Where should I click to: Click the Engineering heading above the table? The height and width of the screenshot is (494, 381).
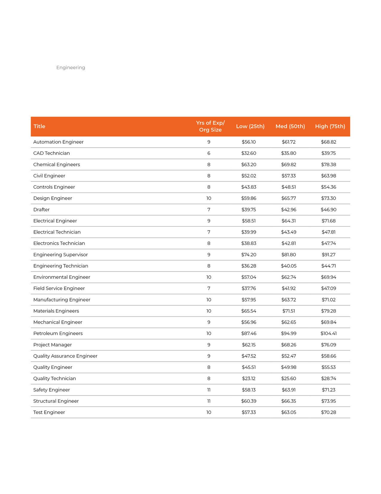pyautogui.click(x=71, y=68)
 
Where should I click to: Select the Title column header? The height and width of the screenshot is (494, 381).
pyautogui.click(x=39, y=126)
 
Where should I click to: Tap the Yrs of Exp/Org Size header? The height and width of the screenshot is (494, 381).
pyautogui.click(x=210, y=126)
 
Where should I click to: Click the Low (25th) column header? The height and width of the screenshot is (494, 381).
pyautogui.click(x=250, y=126)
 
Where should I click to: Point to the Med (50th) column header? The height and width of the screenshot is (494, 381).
pyautogui.click(x=290, y=126)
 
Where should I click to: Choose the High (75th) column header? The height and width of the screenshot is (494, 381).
pyautogui.click(x=330, y=126)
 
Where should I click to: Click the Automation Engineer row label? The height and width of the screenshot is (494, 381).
pyautogui.click(x=58, y=142)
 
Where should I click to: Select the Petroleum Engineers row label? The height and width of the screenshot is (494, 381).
pyautogui.click(x=58, y=334)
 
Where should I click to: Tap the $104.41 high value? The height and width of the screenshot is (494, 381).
pyautogui.click(x=328, y=334)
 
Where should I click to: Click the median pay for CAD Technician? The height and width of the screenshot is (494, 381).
pyautogui.click(x=288, y=153)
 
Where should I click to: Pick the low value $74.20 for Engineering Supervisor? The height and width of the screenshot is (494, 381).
pyautogui.click(x=249, y=255)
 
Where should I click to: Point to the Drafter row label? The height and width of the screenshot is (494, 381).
pyautogui.click(x=41, y=210)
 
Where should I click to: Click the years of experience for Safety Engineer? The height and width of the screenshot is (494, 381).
pyautogui.click(x=209, y=390)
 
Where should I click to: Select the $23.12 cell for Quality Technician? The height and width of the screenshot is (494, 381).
pyautogui.click(x=249, y=378)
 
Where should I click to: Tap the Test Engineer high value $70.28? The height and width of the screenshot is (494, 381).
pyautogui.click(x=328, y=412)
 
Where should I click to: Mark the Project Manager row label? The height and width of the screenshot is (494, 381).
pyautogui.click(x=53, y=345)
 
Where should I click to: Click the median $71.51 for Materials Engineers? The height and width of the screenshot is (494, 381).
pyautogui.click(x=288, y=311)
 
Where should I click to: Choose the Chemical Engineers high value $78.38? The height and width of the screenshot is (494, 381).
pyautogui.click(x=328, y=165)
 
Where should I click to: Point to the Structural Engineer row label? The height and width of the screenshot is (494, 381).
pyautogui.click(x=56, y=401)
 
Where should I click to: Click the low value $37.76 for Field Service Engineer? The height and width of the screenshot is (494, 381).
pyautogui.click(x=249, y=289)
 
